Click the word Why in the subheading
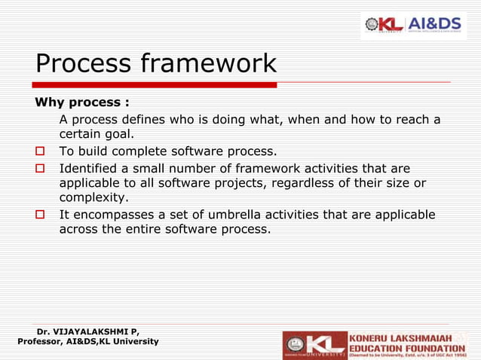(x=49, y=102)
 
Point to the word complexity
(x=93, y=199)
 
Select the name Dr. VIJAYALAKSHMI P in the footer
(x=87, y=331)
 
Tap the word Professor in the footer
(x=43, y=342)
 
